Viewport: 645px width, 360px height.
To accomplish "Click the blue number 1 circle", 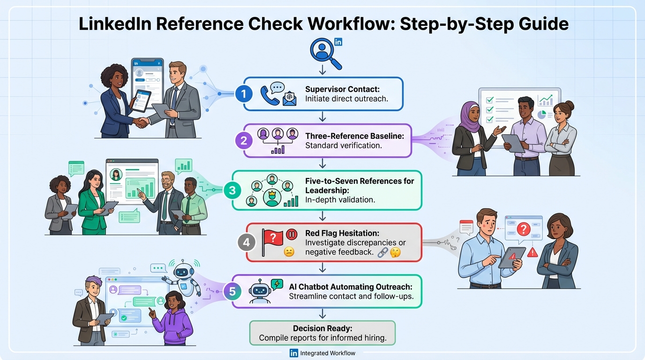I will pyautogui.click(x=243, y=94).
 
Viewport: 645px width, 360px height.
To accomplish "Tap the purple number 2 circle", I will pyautogui.click(x=243, y=140).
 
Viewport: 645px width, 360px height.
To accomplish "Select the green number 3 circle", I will pyautogui.click(x=232, y=190).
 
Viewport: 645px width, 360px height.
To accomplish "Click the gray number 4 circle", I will pyautogui.click(x=247, y=242).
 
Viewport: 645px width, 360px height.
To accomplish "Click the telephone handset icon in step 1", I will pyautogui.click(x=270, y=95).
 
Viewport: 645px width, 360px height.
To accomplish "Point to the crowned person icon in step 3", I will pyautogui.click(x=271, y=197).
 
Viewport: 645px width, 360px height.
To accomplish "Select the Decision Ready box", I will pyautogui.click(x=322, y=333).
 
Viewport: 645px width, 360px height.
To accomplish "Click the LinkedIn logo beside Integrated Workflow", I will pyautogui.click(x=294, y=353).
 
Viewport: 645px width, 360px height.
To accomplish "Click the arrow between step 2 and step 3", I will pyautogui.click(x=322, y=164).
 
